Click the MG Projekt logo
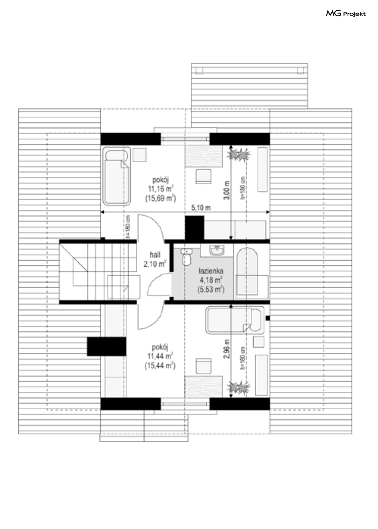coord(346,14)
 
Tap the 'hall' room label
coord(155,254)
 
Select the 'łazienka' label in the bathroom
coord(211,271)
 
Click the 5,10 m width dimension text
coord(201,207)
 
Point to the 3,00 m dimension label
coord(227,190)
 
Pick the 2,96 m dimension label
coord(227,349)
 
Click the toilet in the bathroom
coord(187,257)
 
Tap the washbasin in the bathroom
coord(217,250)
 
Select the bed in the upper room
coord(117,176)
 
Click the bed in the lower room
coord(235,320)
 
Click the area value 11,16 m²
coord(161,189)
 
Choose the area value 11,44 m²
coord(160,356)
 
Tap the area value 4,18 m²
coord(211,280)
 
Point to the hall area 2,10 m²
coord(155,264)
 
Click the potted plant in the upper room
coord(238,155)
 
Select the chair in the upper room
coord(203,176)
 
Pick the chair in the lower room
coord(203,366)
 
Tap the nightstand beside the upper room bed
coord(139,155)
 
